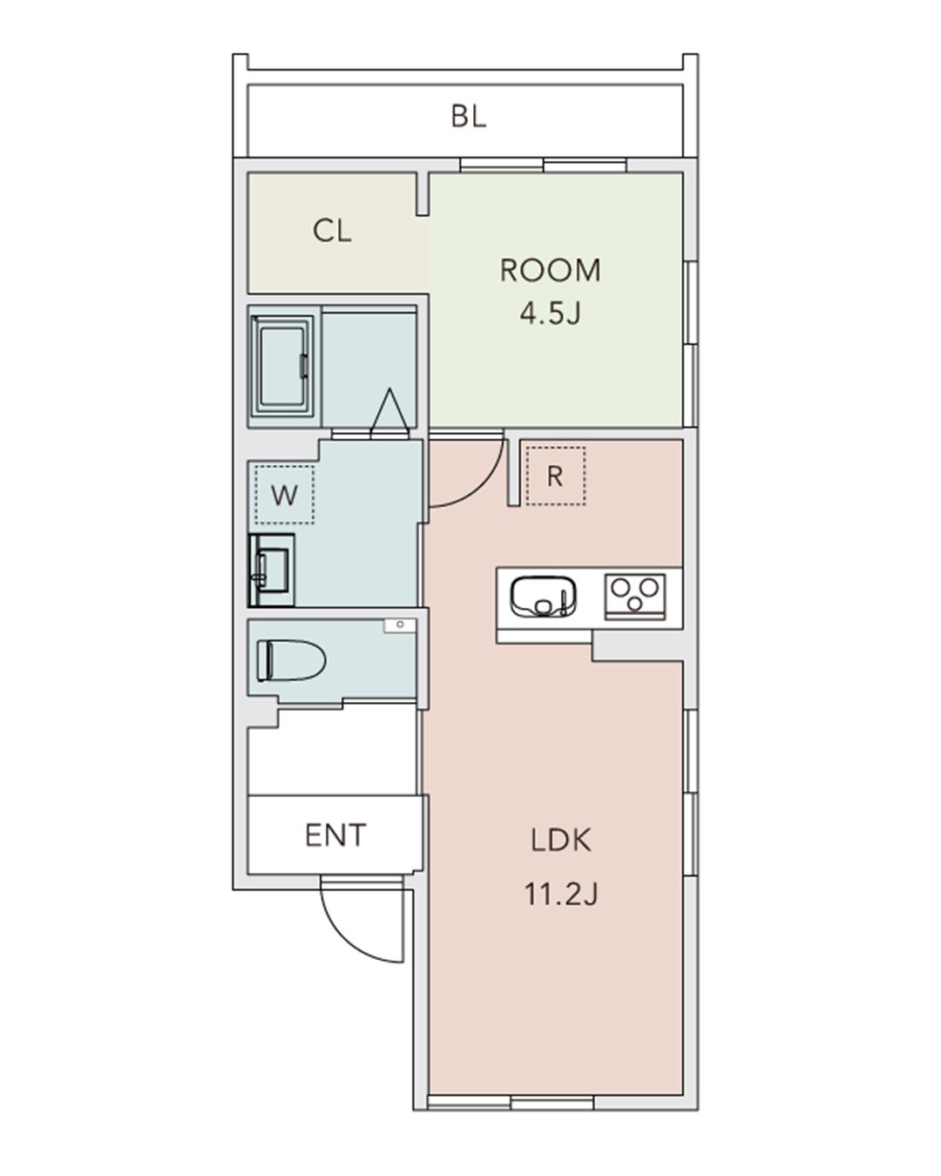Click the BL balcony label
pyautogui.click(x=468, y=117)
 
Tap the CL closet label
pyautogui.click(x=331, y=231)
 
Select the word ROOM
pyautogui.click(x=550, y=270)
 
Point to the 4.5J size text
pyautogui.click(x=550, y=314)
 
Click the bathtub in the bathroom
pyautogui.click(x=283, y=365)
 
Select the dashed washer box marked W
pyautogui.click(x=284, y=495)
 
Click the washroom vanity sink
pyautogui.click(x=272, y=571)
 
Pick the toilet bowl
pyautogui.click(x=291, y=660)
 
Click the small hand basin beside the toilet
pyautogui.click(x=400, y=625)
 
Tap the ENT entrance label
pyautogui.click(x=335, y=835)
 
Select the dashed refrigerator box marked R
pyautogui.click(x=556, y=476)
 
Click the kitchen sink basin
pyautogui.click(x=544, y=597)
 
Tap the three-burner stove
pyautogui.click(x=635, y=596)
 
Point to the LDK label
pyautogui.click(x=561, y=841)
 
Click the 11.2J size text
pyautogui.click(x=561, y=895)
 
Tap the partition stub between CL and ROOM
pyautogui.click(x=422, y=194)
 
